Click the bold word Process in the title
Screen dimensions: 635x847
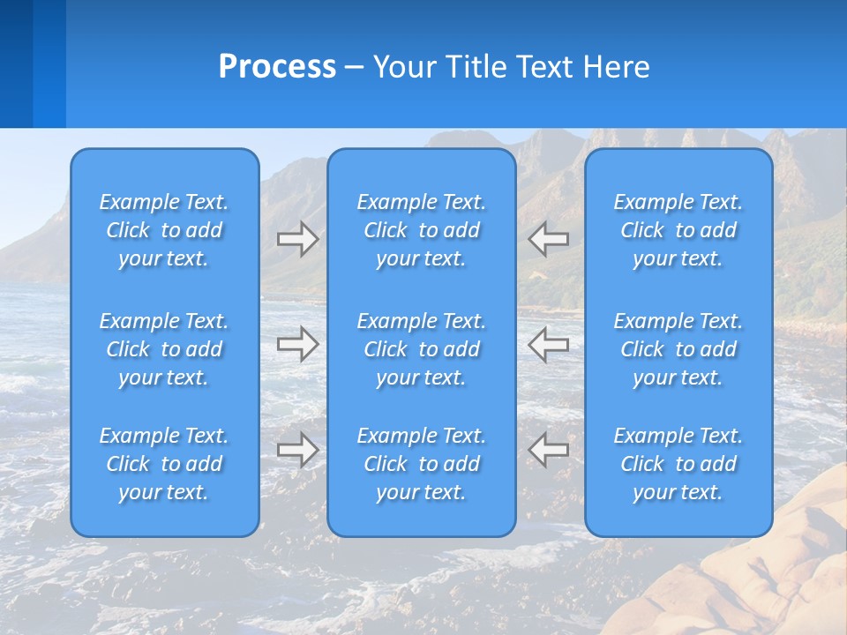tap(277, 67)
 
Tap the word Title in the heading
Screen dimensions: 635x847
tap(477, 67)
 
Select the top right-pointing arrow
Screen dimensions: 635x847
tap(297, 239)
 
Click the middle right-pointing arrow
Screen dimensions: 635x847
tap(297, 344)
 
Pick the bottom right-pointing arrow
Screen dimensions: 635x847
tap(297, 450)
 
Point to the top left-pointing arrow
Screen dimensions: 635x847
tap(549, 239)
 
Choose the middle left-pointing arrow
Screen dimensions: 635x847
tap(549, 344)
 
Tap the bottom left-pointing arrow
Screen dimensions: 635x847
tap(549, 450)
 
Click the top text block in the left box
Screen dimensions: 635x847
tap(164, 230)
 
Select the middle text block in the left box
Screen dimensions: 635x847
tap(164, 349)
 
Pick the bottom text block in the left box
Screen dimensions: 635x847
tap(164, 464)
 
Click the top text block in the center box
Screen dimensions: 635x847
tap(421, 230)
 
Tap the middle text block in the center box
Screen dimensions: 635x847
tap(421, 349)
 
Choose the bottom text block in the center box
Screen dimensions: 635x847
tap(421, 464)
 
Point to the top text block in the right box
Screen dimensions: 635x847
tap(678, 230)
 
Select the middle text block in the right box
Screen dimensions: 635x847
tap(678, 349)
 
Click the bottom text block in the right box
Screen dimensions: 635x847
tap(678, 464)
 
